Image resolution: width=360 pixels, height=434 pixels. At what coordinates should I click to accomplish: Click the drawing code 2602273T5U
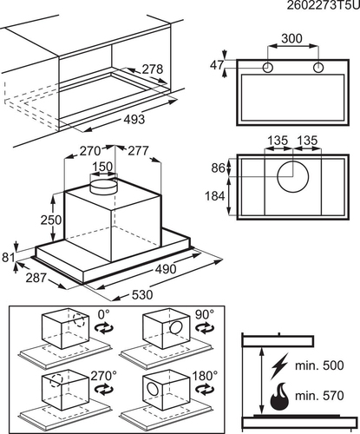coord(324,5)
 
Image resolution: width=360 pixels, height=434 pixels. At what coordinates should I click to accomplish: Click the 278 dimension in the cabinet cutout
coord(153,69)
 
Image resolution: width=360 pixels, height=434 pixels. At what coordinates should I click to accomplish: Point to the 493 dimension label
coord(134,119)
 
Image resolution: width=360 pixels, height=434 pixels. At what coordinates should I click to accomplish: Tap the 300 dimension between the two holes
coord(291,38)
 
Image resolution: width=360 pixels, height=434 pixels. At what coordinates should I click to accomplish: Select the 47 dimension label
coord(217,65)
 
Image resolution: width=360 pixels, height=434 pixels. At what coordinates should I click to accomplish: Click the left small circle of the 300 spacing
coord(268,68)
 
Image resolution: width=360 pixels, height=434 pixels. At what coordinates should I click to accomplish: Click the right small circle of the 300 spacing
coord(318,68)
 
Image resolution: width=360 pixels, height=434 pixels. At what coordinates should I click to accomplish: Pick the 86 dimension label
coord(218,168)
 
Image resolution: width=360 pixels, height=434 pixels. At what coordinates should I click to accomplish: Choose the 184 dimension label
coord(215,196)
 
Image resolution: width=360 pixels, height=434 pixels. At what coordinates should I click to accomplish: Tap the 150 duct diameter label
coord(102,167)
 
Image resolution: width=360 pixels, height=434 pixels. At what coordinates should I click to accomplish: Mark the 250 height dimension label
coord(51,220)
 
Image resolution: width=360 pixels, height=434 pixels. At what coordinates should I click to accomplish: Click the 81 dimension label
coord(8,257)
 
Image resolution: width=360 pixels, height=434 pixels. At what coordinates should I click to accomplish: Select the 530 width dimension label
coord(142,295)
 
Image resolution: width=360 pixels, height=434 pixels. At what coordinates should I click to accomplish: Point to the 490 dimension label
coord(166,269)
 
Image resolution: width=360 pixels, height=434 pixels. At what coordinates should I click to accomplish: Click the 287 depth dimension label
coord(36,278)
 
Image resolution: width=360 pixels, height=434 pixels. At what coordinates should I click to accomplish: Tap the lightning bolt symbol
coord(279,366)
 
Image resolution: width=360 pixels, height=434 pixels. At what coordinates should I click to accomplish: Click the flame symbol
coord(279,396)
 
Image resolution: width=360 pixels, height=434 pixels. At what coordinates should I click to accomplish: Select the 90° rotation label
coord(205,314)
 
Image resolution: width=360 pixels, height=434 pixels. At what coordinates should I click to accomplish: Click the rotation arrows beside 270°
coord(102,389)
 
